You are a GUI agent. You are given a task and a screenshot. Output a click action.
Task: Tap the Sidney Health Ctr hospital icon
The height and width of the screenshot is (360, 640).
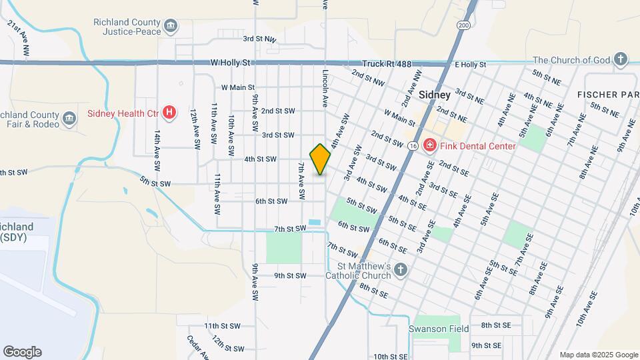point(170,112)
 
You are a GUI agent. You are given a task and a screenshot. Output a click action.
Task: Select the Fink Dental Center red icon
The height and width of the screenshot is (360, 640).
point(430,145)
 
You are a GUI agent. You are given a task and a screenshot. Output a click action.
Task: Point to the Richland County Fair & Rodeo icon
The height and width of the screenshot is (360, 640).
point(69,120)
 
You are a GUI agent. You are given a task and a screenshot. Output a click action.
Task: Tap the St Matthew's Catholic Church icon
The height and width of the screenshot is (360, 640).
point(399,270)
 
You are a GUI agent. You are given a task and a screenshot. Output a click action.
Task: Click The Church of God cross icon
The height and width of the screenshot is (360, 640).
point(621,60)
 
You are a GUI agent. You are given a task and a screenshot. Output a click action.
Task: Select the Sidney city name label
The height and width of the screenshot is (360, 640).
point(435,95)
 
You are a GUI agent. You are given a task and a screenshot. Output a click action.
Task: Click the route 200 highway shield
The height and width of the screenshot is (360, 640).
point(463,25)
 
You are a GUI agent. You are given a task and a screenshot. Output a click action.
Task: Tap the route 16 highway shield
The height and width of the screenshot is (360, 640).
point(414,145)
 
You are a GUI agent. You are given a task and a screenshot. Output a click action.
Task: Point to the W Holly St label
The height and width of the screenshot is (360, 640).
point(229,63)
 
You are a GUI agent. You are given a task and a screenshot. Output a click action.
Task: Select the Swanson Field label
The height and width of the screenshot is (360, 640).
point(438,329)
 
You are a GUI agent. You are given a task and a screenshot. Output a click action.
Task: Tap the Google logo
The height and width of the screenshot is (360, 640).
point(22,351)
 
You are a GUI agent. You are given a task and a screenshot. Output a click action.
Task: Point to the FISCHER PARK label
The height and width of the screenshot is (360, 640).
point(608,95)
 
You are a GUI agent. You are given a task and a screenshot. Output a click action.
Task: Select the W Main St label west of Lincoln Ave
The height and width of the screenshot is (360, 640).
point(238,87)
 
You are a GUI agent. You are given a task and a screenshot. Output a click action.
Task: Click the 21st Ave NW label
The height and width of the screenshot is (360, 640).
point(19,37)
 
